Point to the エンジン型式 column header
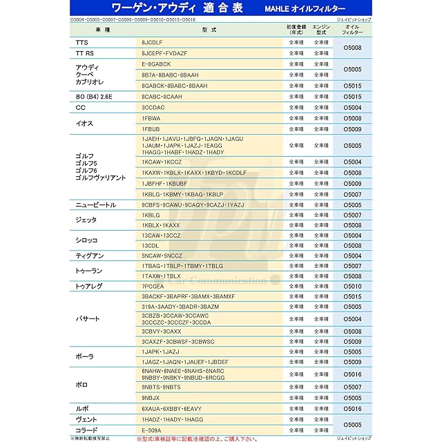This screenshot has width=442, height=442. point(320,30)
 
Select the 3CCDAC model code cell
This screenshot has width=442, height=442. point(153,108)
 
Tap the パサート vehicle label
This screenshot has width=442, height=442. point(88,319)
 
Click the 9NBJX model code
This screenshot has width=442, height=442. point(151,398)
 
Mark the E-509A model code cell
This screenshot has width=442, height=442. point(151,430)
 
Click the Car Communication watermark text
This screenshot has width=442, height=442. point(228,280)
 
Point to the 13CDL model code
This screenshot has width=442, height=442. point(150,245)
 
